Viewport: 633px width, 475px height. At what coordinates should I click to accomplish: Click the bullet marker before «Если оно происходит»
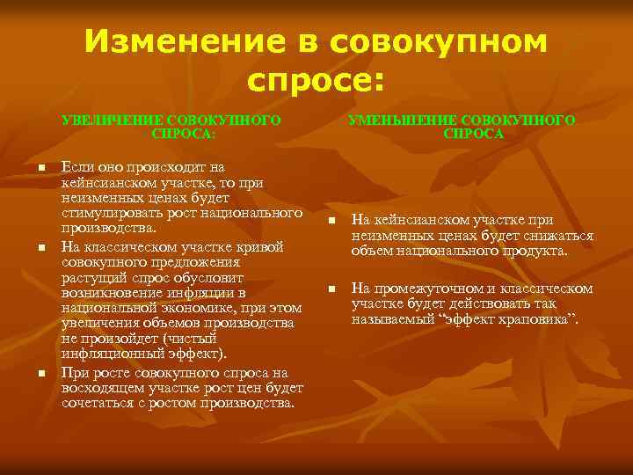tap(41, 168)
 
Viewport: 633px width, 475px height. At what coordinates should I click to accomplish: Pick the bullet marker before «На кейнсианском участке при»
tap(331, 221)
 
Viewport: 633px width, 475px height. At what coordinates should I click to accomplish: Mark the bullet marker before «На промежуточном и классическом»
tap(331, 289)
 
